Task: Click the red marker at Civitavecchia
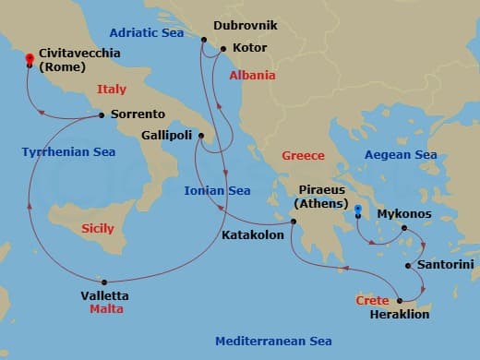(x=30, y=60)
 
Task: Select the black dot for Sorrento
(x=102, y=115)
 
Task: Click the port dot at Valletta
(x=104, y=282)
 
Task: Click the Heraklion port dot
(x=399, y=301)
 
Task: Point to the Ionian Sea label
(x=217, y=191)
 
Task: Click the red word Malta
(x=106, y=309)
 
